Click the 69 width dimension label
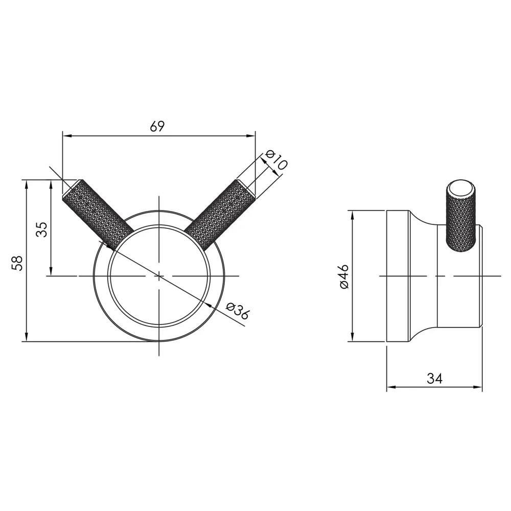coord(157,126)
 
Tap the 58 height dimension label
coord(17,263)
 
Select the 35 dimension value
coord(42,229)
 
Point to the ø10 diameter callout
coord(276,159)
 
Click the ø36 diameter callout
coord(238,311)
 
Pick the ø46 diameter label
coord(344,276)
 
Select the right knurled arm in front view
coord(219,215)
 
